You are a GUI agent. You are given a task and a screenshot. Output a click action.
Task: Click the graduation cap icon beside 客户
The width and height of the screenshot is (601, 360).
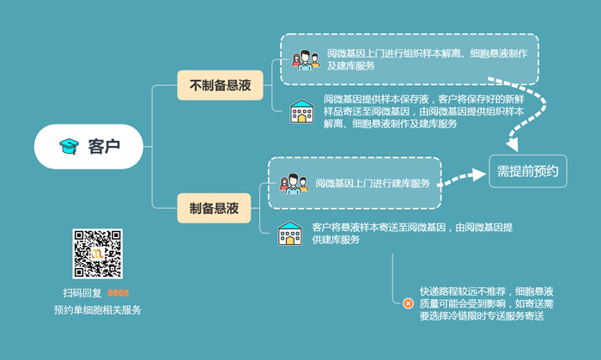[68, 146]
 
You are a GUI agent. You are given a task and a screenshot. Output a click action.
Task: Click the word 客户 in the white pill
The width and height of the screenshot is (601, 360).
[103, 146]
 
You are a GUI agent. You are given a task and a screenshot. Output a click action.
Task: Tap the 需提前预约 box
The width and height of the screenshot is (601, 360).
[527, 170]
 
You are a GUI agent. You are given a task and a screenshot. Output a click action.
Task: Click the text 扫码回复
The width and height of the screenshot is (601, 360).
[82, 293]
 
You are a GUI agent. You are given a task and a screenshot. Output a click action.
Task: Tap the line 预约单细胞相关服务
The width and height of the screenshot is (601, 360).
[97, 309]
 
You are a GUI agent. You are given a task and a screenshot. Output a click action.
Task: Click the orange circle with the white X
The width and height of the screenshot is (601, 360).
[407, 302]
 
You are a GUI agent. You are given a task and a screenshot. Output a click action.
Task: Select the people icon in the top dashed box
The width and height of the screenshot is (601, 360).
[305, 60]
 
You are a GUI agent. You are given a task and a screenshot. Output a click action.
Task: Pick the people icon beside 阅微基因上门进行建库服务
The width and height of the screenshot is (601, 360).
[292, 184]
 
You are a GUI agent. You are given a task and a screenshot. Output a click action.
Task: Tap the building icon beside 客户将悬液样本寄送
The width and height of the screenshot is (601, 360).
[289, 233]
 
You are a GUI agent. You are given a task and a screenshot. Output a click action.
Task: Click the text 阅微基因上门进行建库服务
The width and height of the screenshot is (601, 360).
[372, 183]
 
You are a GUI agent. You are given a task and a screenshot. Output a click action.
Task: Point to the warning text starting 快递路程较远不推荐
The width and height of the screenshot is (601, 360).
[485, 303]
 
